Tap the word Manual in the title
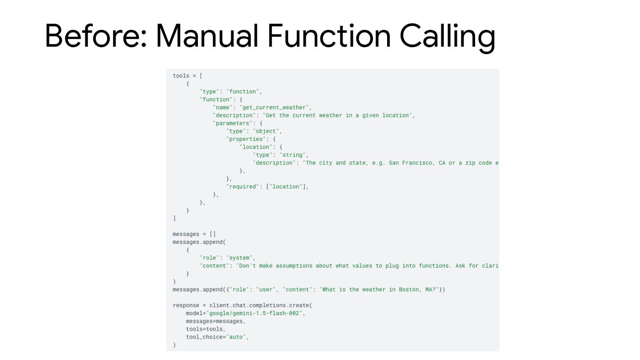click(x=207, y=36)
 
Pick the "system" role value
click(x=240, y=258)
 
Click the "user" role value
click(x=265, y=290)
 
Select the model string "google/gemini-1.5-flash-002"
click(x=255, y=313)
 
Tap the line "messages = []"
click(x=194, y=234)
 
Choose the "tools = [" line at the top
click(x=188, y=76)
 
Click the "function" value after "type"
click(x=244, y=92)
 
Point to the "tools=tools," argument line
click(x=206, y=329)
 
